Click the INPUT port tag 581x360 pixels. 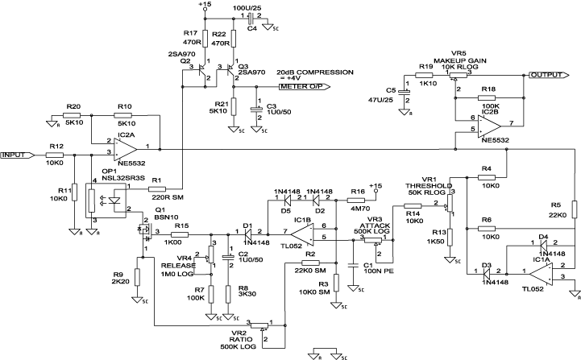(16, 154)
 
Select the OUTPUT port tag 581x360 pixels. (546, 74)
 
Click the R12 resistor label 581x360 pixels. (56, 146)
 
